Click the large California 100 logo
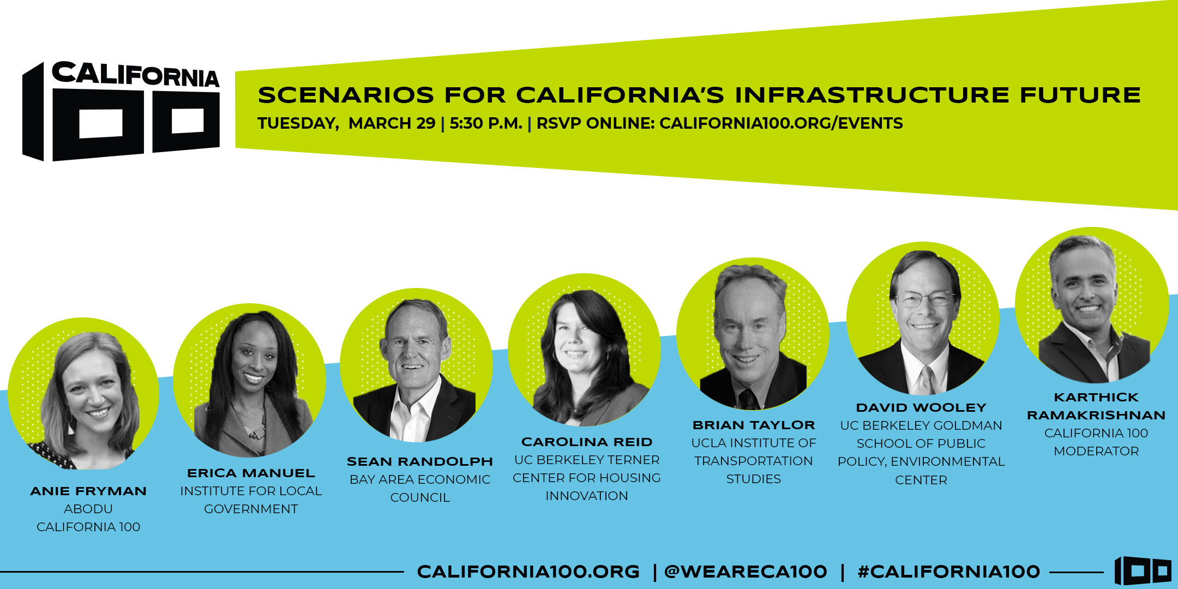(121, 111)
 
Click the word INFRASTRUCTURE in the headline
(872, 95)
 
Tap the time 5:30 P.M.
(486, 123)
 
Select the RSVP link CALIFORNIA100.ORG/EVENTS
(781, 123)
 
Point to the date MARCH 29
(392, 123)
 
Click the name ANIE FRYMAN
(88, 491)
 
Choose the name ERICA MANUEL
(251, 473)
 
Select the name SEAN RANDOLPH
(420, 461)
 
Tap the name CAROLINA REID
(587, 442)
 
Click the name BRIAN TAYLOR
(754, 425)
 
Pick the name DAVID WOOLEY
(921, 407)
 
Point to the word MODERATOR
(1096, 451)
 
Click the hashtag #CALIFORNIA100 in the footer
(949, 572)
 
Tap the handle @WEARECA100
(746, 572)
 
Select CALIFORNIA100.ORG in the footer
(528, 572)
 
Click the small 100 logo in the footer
(1143, 570)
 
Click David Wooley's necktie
(925, 380)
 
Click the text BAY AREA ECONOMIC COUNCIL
(420, 488)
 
